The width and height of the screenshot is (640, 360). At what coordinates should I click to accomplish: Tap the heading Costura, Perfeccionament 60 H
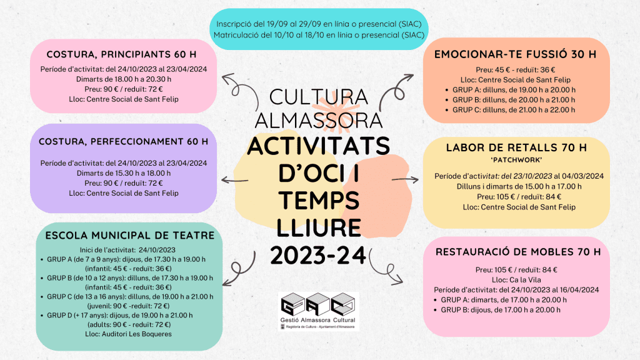point(123,141)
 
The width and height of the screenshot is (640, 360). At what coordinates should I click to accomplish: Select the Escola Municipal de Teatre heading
point(130,236)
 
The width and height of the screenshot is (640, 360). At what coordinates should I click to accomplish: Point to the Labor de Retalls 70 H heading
point(516,148)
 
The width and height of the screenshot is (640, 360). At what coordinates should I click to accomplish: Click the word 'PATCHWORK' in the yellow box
point(516,160)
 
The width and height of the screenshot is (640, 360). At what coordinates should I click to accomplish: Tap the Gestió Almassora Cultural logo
point(318,310)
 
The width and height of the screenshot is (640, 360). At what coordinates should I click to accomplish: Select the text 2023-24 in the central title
point(319,254)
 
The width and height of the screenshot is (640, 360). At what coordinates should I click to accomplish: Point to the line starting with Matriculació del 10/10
point(319,35)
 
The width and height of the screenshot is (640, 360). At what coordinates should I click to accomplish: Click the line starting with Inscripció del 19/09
point(319,24)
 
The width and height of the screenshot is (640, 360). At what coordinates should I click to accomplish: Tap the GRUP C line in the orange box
point(514,110)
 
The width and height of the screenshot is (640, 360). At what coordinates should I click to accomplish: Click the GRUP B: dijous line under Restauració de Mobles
point(503,309)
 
